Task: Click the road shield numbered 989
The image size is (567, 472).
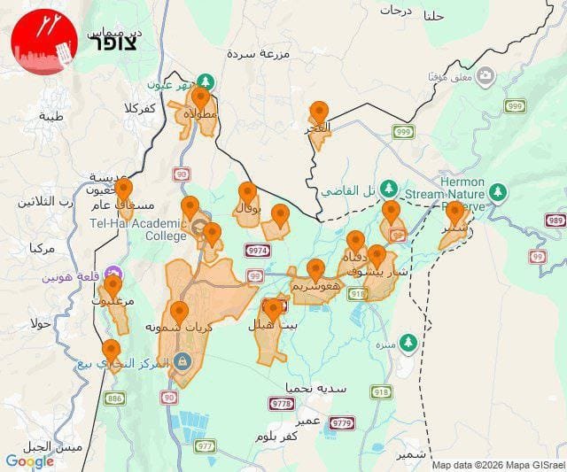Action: pos(556,221)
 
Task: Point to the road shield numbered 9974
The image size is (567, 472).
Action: pos(258,251)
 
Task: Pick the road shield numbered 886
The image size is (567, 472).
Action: pos(115,399)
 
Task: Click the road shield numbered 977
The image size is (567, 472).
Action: pos(206,445)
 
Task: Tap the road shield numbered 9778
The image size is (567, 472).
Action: pos(282,404)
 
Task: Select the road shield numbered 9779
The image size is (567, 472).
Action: pos(341,423)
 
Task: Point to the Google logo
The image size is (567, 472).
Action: pos(30,461)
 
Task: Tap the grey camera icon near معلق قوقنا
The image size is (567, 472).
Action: pos(485,76)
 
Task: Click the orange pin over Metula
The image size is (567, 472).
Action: pos(201,97)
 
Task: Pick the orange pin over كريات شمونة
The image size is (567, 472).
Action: pos(179,312)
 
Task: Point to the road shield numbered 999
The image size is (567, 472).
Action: pos(404,132)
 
